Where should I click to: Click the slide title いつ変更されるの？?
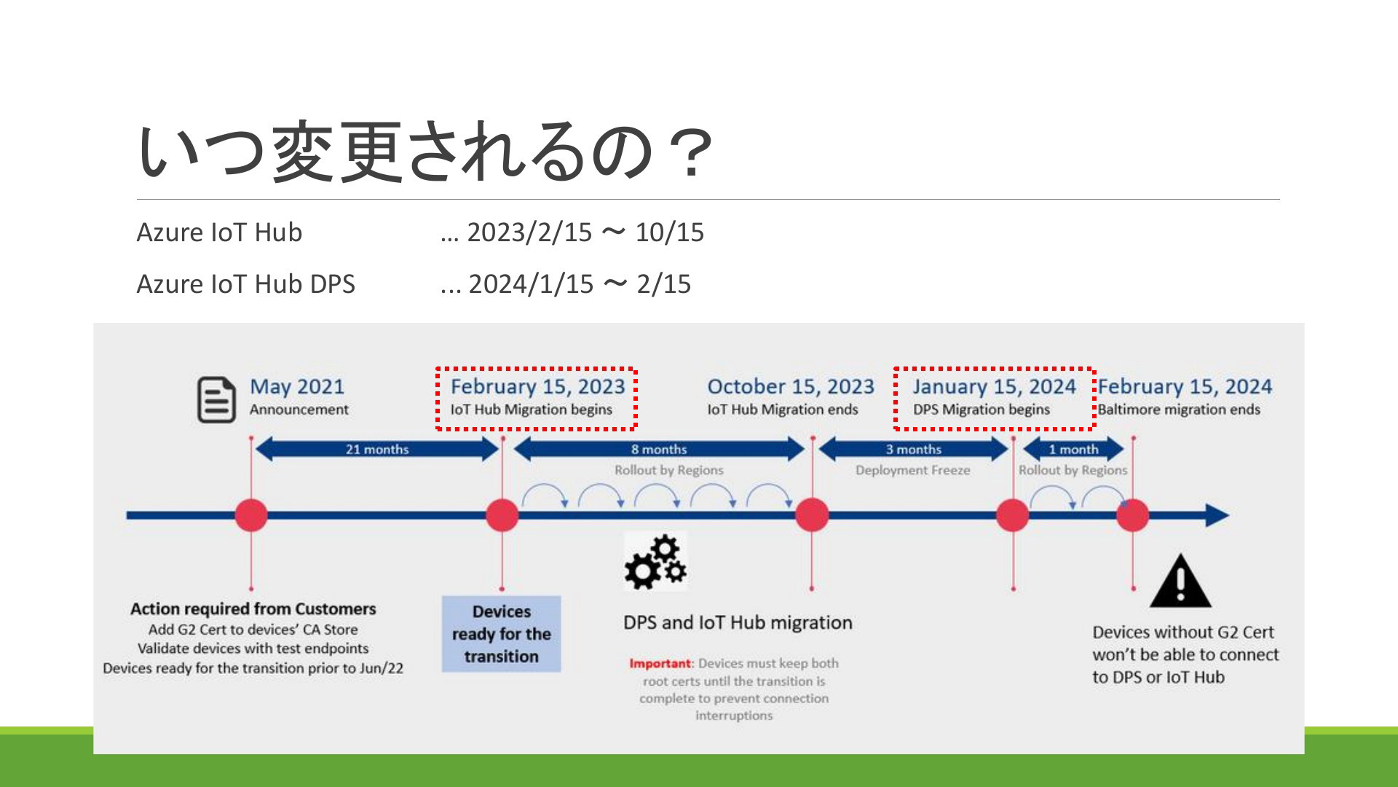click(x=424, y=151)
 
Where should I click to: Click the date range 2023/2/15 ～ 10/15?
click(x=585, y=232)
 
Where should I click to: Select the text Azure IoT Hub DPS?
click(x=246, y=283)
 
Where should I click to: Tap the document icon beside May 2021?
click(x=216, y=399)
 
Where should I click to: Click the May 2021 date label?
click(x=297, y=386)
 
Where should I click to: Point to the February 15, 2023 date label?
click(x=537, y=386)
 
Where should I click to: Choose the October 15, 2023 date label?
click(x=791, y=386)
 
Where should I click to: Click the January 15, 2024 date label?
click(x=995, y=386)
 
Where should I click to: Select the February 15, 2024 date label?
click(x=1185, y=386)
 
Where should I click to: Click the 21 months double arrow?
click(x=377, y=449)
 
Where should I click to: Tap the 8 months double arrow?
click(x=659, y=449)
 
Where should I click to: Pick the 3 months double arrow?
click(x=913, y=449)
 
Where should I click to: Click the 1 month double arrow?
click(x=1073, y=449)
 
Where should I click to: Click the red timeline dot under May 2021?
click(x=251, y=515)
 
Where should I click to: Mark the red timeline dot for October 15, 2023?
click(x=812, y=515)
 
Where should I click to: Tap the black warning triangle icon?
click(x=1180, y=581)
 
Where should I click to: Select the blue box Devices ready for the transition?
click(x=502, y=634)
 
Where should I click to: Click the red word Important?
click(x=660, y=663)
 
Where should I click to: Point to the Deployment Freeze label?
click(x=913, y=470)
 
